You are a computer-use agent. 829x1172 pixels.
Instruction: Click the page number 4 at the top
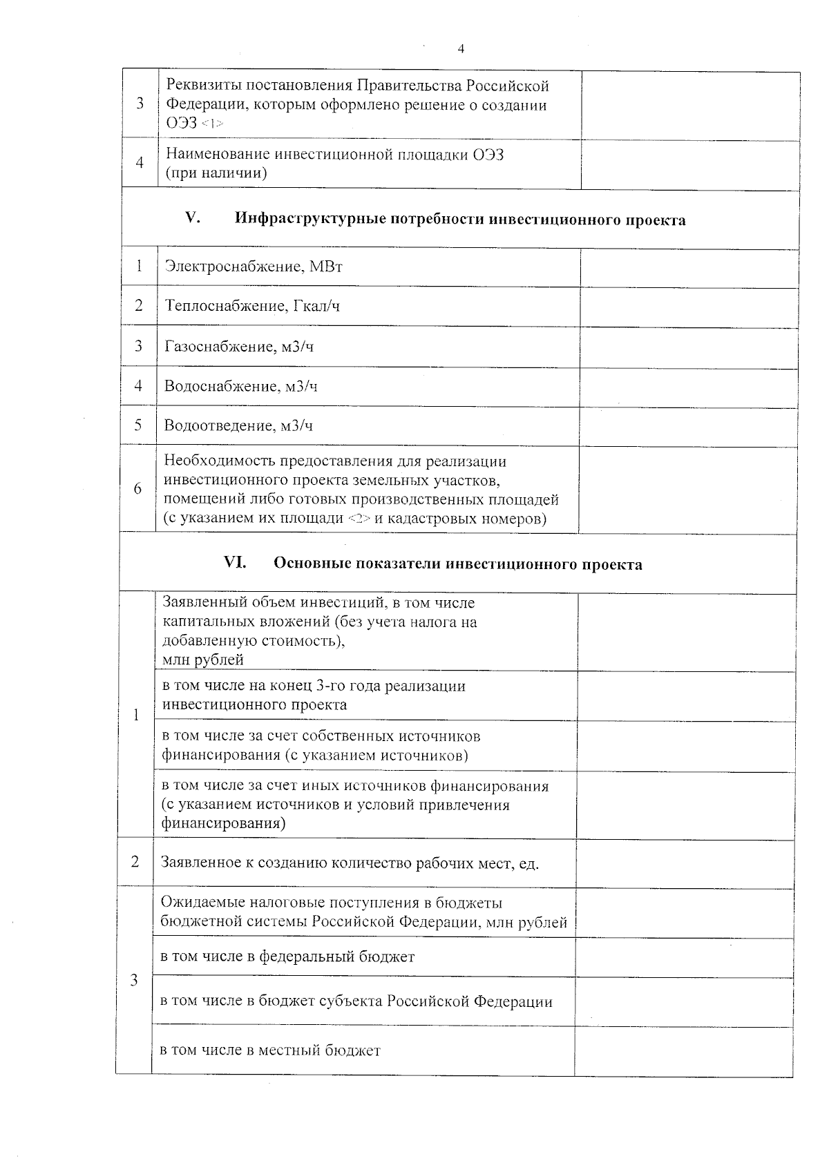pyautogui.click(x=461, y=48)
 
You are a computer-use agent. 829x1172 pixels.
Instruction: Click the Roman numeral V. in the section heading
pyautogui.click(x=193, y=218)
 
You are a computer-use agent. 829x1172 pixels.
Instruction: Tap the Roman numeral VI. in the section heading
pyautogui.click(x=235, y=563)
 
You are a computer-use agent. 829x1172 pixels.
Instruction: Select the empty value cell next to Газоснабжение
pyautogui.click(x=689, y=347)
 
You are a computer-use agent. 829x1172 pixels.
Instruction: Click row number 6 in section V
pyautogui.click(x=138, y=488)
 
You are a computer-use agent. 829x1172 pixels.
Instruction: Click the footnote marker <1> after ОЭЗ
pyautogui.click(x=213, y=124)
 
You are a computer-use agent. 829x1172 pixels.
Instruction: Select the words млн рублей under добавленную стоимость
pyautogui.click(x=202, y=660)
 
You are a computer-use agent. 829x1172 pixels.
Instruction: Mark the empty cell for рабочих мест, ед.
pyautogui.click(x=683, y=863)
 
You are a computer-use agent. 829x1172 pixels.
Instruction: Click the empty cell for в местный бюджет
pyautogui.click(x=683, y=1050)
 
